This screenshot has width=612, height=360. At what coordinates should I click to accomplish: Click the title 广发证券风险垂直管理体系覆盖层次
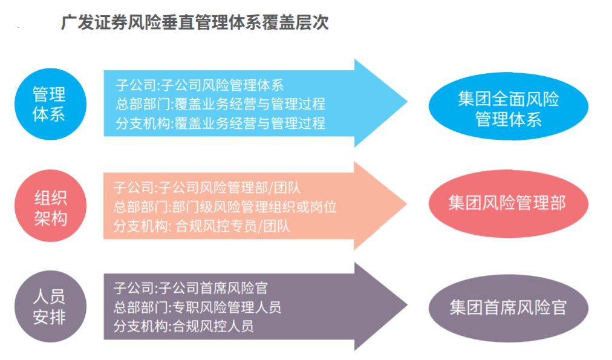click(195, 22)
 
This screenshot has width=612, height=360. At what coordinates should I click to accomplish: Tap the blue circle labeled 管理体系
click(50, 104)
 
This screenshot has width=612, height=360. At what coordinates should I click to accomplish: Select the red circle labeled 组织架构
click(50, 205)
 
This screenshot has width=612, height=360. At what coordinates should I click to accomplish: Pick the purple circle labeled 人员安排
click(50, 307)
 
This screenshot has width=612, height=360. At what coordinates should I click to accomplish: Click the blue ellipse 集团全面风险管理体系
click(508, 106)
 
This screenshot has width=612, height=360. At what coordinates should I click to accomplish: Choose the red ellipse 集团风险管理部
click(508, 203)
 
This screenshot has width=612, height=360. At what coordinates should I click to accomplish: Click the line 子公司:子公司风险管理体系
click(200, 85)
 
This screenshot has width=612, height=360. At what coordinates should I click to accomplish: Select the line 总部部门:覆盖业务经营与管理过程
click(221, 104)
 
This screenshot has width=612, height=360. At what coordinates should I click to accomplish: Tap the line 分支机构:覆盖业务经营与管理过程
click(221, 123)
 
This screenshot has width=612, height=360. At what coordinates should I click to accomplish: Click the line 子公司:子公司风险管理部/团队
click(207, 188)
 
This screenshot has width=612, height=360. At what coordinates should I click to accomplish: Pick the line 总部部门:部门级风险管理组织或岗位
click(225, 207)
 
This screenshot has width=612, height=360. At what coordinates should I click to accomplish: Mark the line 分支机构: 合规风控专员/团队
click(202, 226)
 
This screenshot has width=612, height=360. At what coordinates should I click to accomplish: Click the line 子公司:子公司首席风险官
click(190, 288)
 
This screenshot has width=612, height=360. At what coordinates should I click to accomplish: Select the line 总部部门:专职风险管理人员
click(197, 307)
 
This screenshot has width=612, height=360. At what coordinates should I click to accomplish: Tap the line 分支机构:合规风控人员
click(183, 326)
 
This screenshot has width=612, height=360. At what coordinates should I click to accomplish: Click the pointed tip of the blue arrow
click(408, 102)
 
